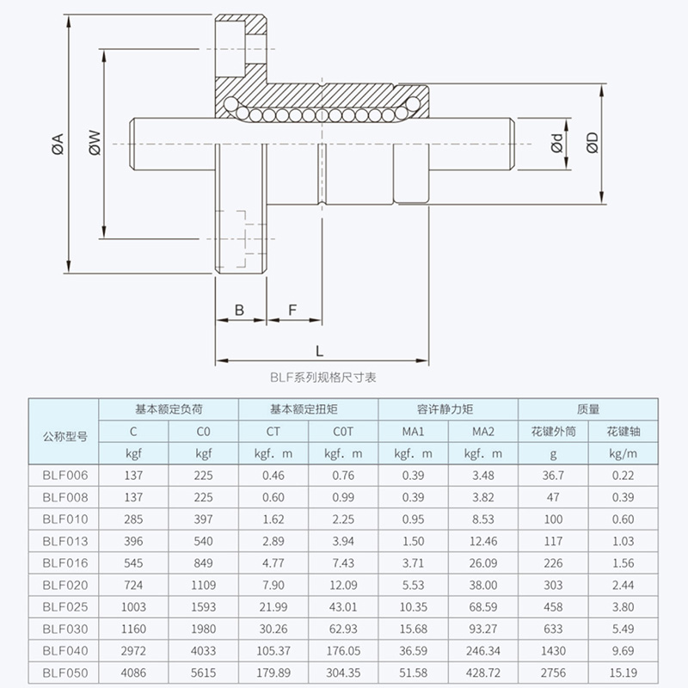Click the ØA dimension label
click(58, 144)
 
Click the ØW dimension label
click(95, 144)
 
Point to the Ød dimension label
click(557, 144)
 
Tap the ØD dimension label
click(591, 144)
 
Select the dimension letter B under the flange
click(240, 309)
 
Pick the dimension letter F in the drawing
click(293, 309)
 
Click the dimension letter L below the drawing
click(320, 350)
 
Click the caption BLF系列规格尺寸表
click(322, 377)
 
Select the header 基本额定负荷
click(169, 409)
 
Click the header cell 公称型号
click(65, 436)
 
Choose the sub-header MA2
click(484, 431)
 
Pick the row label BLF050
click(65, 673)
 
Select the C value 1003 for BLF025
click(133, 607)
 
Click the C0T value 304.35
click(342, 673)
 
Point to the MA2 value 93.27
click(484, 629)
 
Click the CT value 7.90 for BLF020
click(273, 585)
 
